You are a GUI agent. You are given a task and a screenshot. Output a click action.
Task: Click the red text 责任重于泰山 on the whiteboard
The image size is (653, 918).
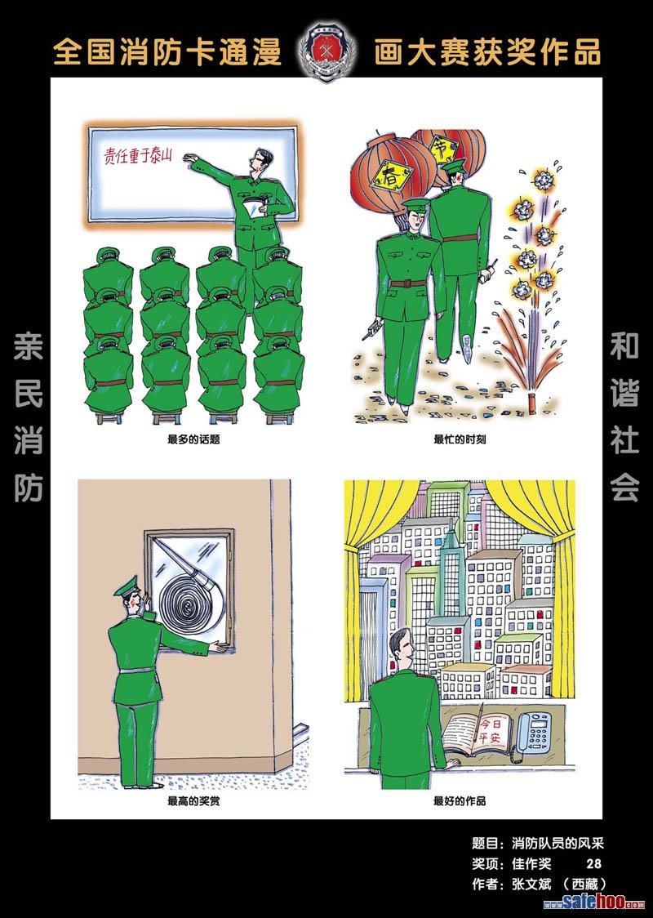tap(137, 153)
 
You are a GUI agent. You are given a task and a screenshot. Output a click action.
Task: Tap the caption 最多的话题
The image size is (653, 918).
tap(193, 439)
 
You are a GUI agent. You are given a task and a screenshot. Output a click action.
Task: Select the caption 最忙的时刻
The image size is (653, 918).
tap(460, 439)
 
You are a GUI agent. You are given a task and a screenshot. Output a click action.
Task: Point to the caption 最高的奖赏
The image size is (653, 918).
tap(193, 801)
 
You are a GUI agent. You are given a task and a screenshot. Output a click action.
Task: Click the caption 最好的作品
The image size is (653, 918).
tap(460, 801)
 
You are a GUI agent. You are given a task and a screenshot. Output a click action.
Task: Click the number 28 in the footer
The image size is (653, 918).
tap(593, 864)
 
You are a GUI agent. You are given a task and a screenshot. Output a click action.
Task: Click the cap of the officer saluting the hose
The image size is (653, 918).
tap(127, 586)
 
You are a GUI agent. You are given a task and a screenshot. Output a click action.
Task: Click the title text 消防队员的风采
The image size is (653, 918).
tap(557, 844)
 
